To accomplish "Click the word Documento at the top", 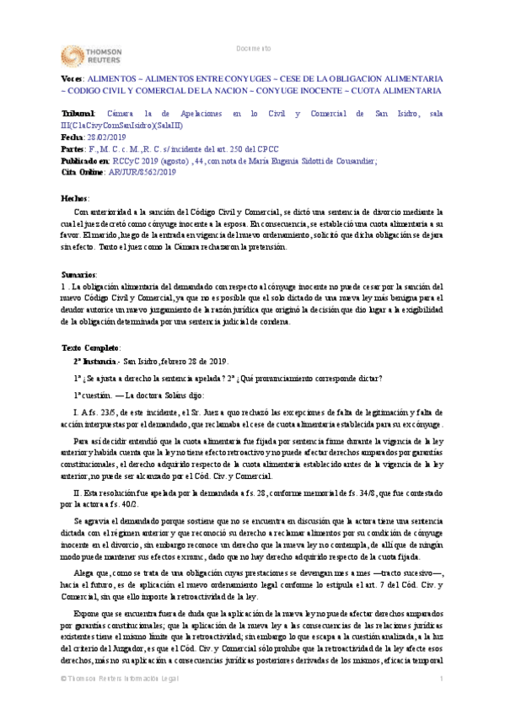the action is click(x=253, y=48).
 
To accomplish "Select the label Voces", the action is click(x=73, y=77).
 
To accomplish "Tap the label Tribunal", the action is click(x=78, y=113).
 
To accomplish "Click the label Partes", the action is click(x=73, y=148).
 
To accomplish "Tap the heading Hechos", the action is click(x=75, y=196).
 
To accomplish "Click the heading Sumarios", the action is click(x=78, y=275).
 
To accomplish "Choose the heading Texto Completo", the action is click(x=90, y=347).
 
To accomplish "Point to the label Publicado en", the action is click(x=85, y=159).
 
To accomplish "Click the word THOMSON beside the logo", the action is click(x=107, y=51).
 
